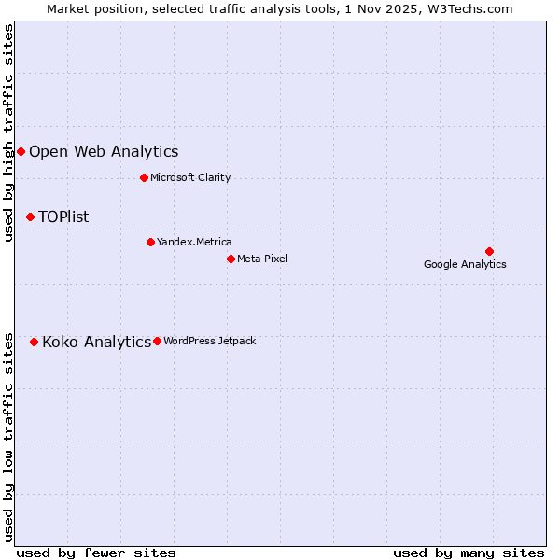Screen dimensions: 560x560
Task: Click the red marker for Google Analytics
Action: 489,251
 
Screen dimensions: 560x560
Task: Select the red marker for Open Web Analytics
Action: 21,151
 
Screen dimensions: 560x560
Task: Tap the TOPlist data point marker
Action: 30,217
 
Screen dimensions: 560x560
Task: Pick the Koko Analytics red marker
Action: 35,342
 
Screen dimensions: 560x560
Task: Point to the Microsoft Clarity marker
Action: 144,177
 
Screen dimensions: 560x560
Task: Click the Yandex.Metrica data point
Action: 150,242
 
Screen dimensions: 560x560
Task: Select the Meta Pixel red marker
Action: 231,259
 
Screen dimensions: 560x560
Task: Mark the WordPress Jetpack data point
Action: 157,341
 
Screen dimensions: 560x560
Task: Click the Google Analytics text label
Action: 465,264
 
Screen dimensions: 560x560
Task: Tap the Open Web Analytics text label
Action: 104,151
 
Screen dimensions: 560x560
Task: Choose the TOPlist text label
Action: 63,217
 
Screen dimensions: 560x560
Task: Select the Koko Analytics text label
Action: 96,342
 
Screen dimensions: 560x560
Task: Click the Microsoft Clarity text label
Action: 190,177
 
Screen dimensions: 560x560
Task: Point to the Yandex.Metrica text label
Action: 194,242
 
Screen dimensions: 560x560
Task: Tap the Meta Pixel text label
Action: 262,259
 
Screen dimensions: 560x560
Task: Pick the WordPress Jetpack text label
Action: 209,341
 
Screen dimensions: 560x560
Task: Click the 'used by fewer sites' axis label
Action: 96,553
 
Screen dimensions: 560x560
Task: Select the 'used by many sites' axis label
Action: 469,553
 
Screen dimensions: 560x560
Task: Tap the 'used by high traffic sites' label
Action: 9,133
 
